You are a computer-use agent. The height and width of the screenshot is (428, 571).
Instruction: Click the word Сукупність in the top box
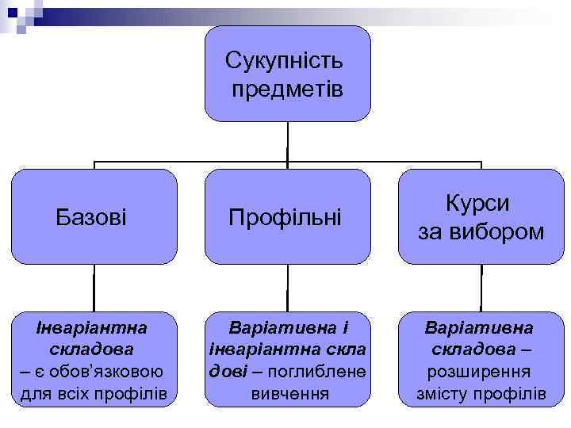coord(285,60)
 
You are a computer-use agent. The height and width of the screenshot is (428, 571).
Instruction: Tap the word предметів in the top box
coord(288,89)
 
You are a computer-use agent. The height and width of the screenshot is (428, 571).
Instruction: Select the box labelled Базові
coord(94,216)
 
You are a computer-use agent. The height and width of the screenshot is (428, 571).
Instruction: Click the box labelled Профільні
coord(286,216)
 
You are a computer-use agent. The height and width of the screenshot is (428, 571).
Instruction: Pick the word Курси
coord(481,203)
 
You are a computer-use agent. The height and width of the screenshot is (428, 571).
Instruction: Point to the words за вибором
coord(481,231)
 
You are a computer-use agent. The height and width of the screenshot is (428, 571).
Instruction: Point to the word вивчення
coord(288,393)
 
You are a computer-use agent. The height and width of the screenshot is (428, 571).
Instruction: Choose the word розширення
coord(481,372)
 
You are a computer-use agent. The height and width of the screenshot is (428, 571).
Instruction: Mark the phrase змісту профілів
coord(481,393)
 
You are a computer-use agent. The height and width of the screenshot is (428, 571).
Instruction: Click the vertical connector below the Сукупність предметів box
coord(287,143)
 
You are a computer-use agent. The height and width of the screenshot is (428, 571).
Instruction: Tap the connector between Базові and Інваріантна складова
coord(94,288)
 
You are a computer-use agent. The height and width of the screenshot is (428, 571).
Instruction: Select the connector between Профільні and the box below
coord(287,288)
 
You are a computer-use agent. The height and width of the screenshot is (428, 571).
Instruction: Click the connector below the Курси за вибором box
coord(481,288)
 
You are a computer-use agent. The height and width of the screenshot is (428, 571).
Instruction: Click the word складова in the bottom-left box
coord(89,349)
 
